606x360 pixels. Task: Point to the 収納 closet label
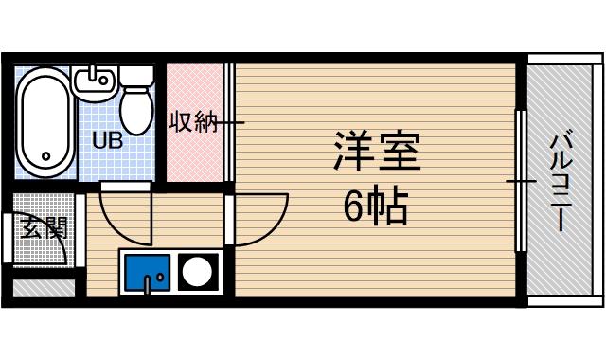(x=193, y=122)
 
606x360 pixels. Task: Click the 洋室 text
(x=375, y=151)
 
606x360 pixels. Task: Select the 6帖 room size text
(x=375, y=207)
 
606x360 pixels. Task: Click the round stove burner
(x=198, y=272)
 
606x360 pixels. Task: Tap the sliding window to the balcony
(x=519, y=180)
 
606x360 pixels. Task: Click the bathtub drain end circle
(x=44, y=156)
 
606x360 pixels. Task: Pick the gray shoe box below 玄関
(x=43, y=286)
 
